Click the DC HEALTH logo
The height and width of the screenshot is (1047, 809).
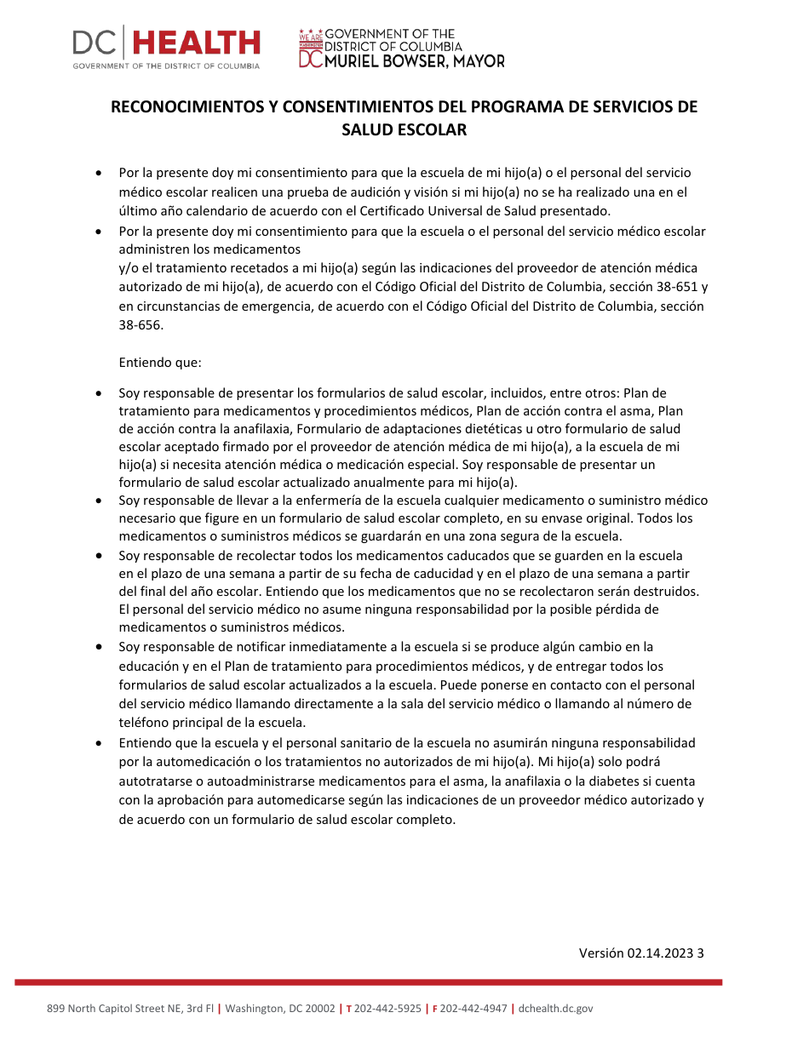point(166,46)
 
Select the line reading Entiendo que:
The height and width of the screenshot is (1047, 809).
point(160,363)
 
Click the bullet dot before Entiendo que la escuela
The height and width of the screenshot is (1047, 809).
point(100,743)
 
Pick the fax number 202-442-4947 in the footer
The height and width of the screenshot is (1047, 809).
point(473,1009)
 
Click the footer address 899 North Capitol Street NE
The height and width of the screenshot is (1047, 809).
point(115,1009)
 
